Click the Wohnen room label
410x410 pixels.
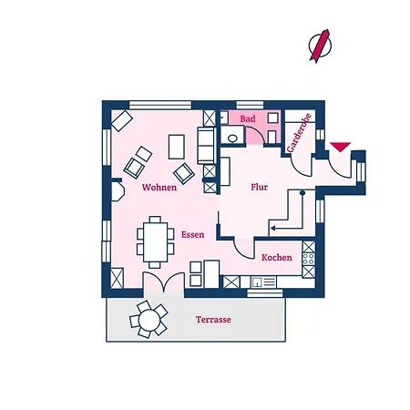coord(159,187)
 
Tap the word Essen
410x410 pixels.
coord(192,234)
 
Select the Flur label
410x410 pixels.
coord(260,187)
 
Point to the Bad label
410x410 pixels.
coord(248,118)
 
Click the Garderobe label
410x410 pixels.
coord(299,133)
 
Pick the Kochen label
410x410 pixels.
coord(277,258)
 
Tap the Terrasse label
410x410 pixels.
coord(213,320)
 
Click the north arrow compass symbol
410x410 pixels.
coord(320,46)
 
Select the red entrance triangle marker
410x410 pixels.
coord(341,147)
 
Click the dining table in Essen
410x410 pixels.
coord(156,242)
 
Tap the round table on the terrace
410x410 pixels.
coord(149,320)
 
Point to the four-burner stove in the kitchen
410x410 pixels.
coord(309,260)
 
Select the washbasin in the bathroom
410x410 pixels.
coord(232,138)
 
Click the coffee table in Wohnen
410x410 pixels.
coord(177,147)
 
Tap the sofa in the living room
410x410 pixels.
coord(207,146)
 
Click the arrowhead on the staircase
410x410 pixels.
coord(273,228)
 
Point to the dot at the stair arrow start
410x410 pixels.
coord(302,192)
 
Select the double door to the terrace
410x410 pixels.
coord(164,282)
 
